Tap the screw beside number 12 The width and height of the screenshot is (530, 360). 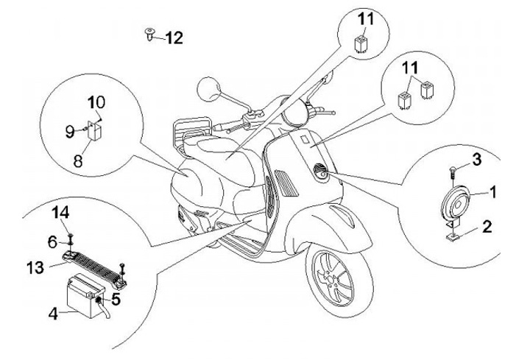[x=150, y=34]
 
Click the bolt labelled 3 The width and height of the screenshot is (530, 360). [x=452, y=171]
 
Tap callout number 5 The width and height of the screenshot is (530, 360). [x=116, y=300]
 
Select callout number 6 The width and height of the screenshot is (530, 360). [x=52, y=241]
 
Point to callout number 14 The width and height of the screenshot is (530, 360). [x=64, y=213]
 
